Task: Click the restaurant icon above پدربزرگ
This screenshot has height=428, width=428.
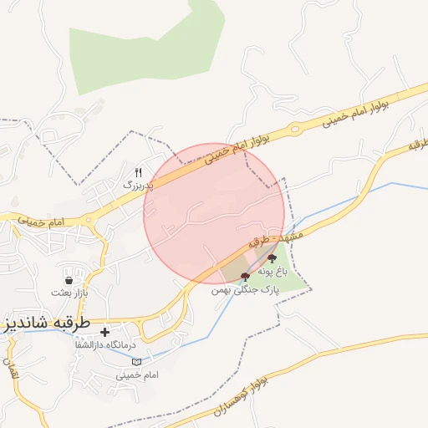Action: [139, 171]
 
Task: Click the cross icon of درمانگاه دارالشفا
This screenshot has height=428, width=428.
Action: [104, 333]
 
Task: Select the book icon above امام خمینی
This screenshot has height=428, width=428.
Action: [136, 361]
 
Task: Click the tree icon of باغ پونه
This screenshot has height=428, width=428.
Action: [272, 259]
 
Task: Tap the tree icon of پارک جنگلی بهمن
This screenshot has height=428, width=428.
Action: [244, 276]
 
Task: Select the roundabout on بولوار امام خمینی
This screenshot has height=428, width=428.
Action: [295, 129]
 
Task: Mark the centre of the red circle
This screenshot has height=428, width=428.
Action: [214, 214]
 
